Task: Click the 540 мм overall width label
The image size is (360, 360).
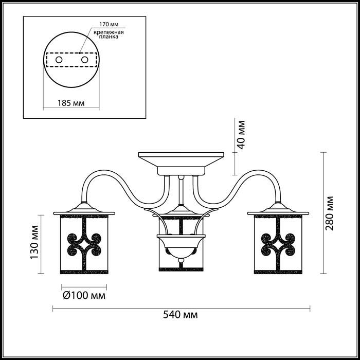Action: coord(180,315)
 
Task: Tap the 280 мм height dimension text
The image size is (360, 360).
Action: coord(330,213)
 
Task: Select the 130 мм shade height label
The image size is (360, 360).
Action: coord(34,242)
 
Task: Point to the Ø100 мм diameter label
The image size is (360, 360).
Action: coord(84,296)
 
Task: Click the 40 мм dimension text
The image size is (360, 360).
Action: coord(241,135)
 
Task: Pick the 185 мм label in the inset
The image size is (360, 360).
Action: coord(71,103)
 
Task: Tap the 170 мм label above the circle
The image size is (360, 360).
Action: coord(109,24)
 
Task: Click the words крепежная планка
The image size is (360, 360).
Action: coord(109,34)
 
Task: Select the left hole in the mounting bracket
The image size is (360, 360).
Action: coord(59,60)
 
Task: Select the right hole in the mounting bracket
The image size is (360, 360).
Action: coord(85,60)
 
